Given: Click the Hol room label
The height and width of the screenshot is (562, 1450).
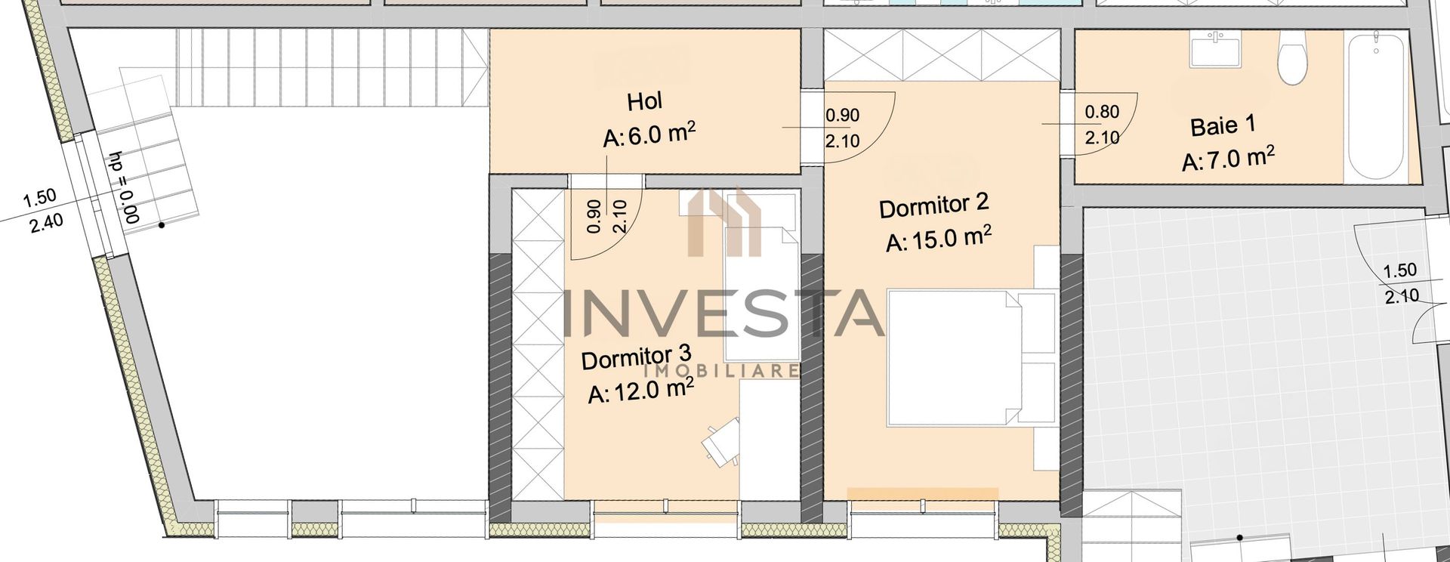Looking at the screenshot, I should [x=644, y=101].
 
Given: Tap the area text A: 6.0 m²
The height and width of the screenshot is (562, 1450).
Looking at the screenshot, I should [x=649, y=135].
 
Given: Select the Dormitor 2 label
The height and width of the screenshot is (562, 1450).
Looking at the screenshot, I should [x=933, y=205].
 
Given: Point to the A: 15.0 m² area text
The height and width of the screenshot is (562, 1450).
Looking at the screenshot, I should [x=938, y=239].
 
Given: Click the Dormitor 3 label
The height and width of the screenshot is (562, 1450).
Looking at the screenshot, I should [x=636, y=357].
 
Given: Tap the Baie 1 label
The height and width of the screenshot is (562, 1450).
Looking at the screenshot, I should [x=1223, y=125].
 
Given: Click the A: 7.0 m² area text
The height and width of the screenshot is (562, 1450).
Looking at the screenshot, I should [x=1228, y=159].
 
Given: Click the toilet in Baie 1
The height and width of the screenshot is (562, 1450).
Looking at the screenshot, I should [x=1292, y=57].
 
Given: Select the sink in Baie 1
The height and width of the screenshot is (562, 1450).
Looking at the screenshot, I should [x=1216, y=48].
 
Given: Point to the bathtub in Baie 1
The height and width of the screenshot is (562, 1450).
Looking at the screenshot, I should [x=1376, y=106].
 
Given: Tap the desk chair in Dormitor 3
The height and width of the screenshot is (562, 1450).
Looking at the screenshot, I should [x=719, y=442].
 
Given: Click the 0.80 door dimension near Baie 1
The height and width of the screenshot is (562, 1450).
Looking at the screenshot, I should [x=1102, y=112].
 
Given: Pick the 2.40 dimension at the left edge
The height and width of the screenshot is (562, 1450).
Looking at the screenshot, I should [x=47, y=222].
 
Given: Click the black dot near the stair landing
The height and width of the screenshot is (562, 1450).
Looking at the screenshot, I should [x=161, y=224].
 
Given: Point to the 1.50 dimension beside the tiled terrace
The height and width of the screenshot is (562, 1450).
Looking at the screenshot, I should [x=1399, y=270].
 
